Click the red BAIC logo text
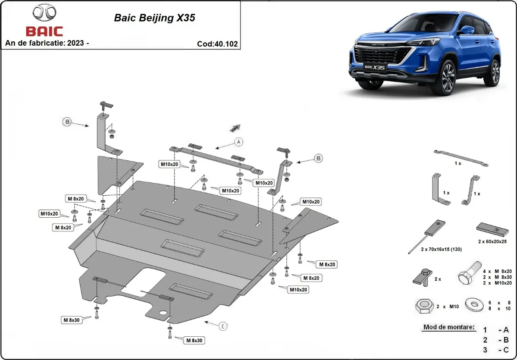pyautogui.click(x=44, y=31)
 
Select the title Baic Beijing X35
pyautogui.click(x=154, y=18)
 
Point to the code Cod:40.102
pyautogui.click(x=217, y=44)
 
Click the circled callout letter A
pyautogui.click(x=239, y=141)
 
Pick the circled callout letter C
pyautogui.click(x=223, y=326)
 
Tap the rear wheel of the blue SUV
pyautogui.click(x=495, y=72)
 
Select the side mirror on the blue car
pyautogui.click(x=466, y=31)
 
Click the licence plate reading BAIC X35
pyautogui.click(x=374, y=68)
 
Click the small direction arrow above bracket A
pyautogui.click(x=235, y=128)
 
